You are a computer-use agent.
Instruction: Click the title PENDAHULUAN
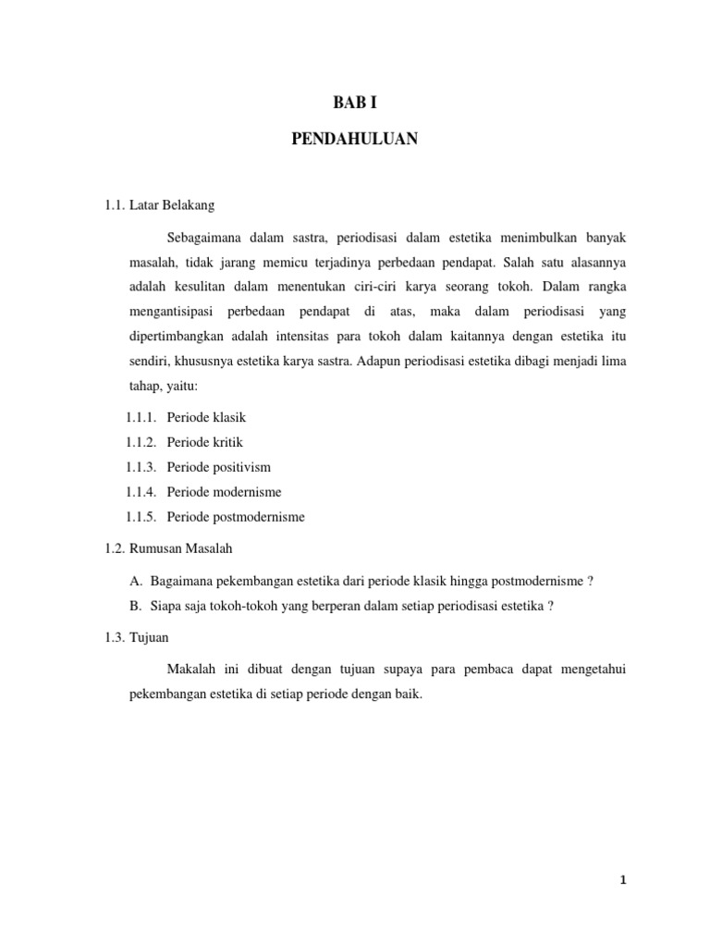355,139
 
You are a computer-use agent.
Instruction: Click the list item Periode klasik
206,418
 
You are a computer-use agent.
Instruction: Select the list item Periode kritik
205,443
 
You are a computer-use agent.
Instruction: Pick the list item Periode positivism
219,468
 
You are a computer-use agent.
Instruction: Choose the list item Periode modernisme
225,493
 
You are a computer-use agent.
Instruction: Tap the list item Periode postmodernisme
236,518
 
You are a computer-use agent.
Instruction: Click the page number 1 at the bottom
624,881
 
